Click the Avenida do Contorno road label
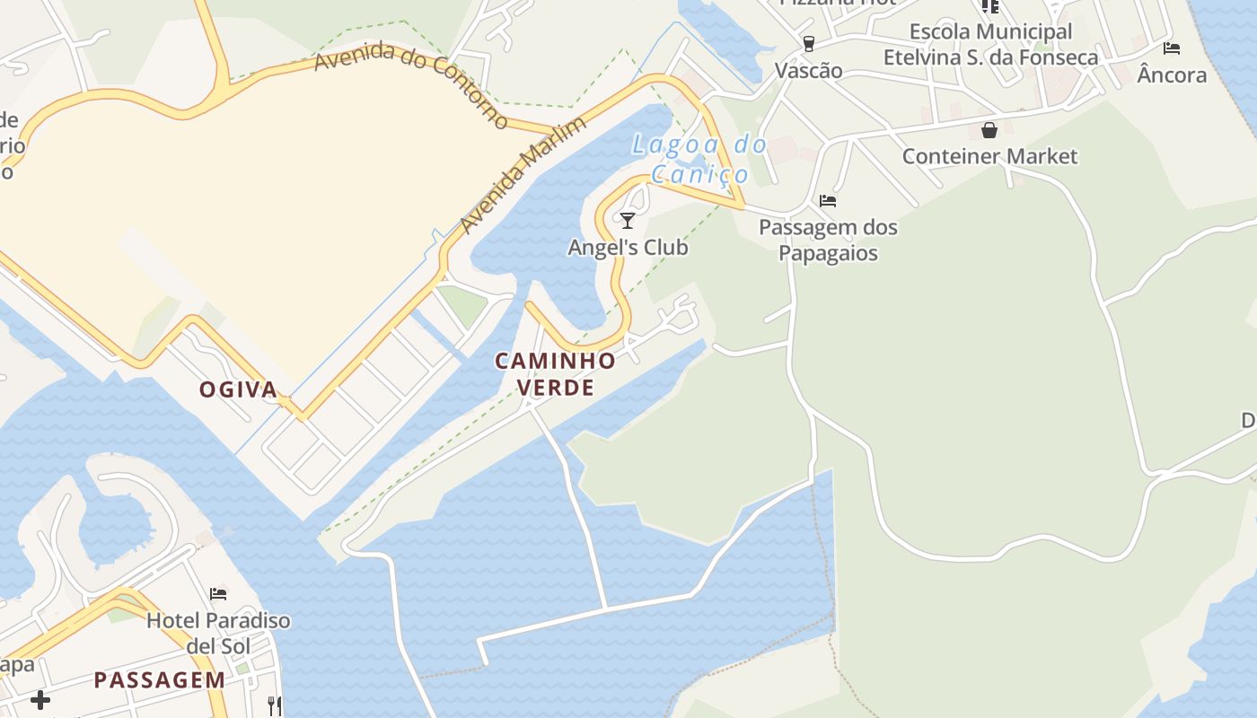[x=411, y=84]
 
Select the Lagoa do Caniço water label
[x=699, y=159]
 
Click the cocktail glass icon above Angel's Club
[x=628, y=220]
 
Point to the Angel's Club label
[x=628, y=247]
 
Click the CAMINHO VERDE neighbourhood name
[x=556, y=374]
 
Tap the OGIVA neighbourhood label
[x=238, y=390]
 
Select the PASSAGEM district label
[x=160, y=679]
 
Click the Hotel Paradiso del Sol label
[x=218, y=632]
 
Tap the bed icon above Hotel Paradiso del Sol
[x=218, y=593]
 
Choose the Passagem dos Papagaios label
[x=828, y=240]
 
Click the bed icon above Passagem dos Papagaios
[x=828, y=200]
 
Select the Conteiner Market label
[x=989, y=156]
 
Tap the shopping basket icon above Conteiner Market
[x=989, y=130]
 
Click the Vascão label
[x=809, y=71]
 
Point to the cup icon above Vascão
[x=809, y=43]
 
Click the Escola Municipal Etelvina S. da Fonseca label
[x=990, y=45]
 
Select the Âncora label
[x=1172, y=74]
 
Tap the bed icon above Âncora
[x=1172, y=48]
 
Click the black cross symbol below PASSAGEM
[x=40, y=699]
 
